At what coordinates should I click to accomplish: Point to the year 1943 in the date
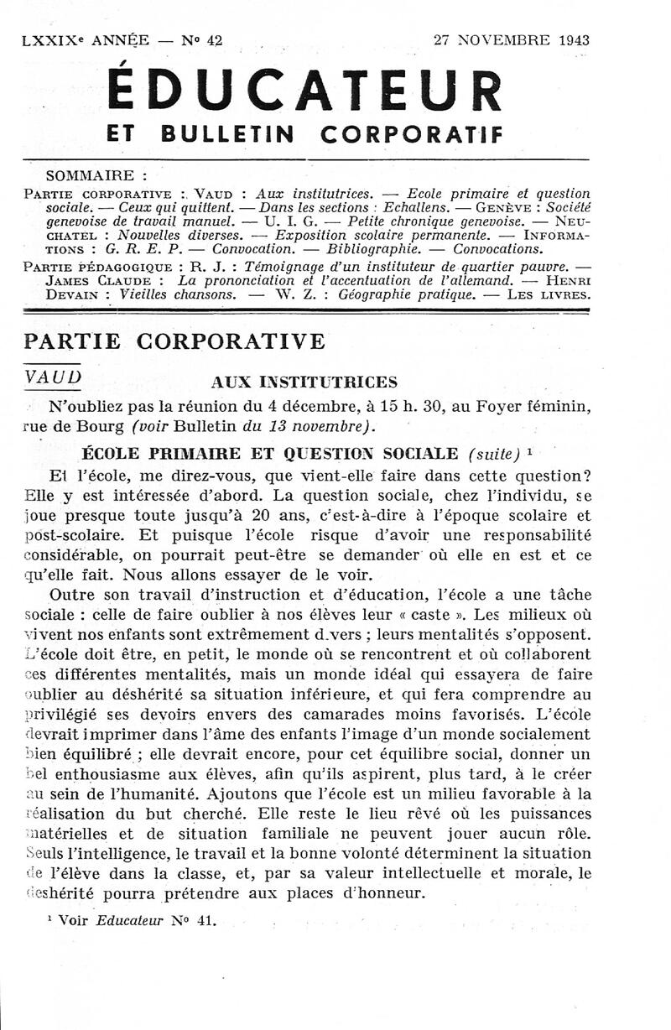tap(570, 39)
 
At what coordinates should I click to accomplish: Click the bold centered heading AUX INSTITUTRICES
tap(304, 382)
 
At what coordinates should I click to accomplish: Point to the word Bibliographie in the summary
tap(373, 249)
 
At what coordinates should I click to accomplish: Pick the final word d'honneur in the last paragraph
tap(379, 892)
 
